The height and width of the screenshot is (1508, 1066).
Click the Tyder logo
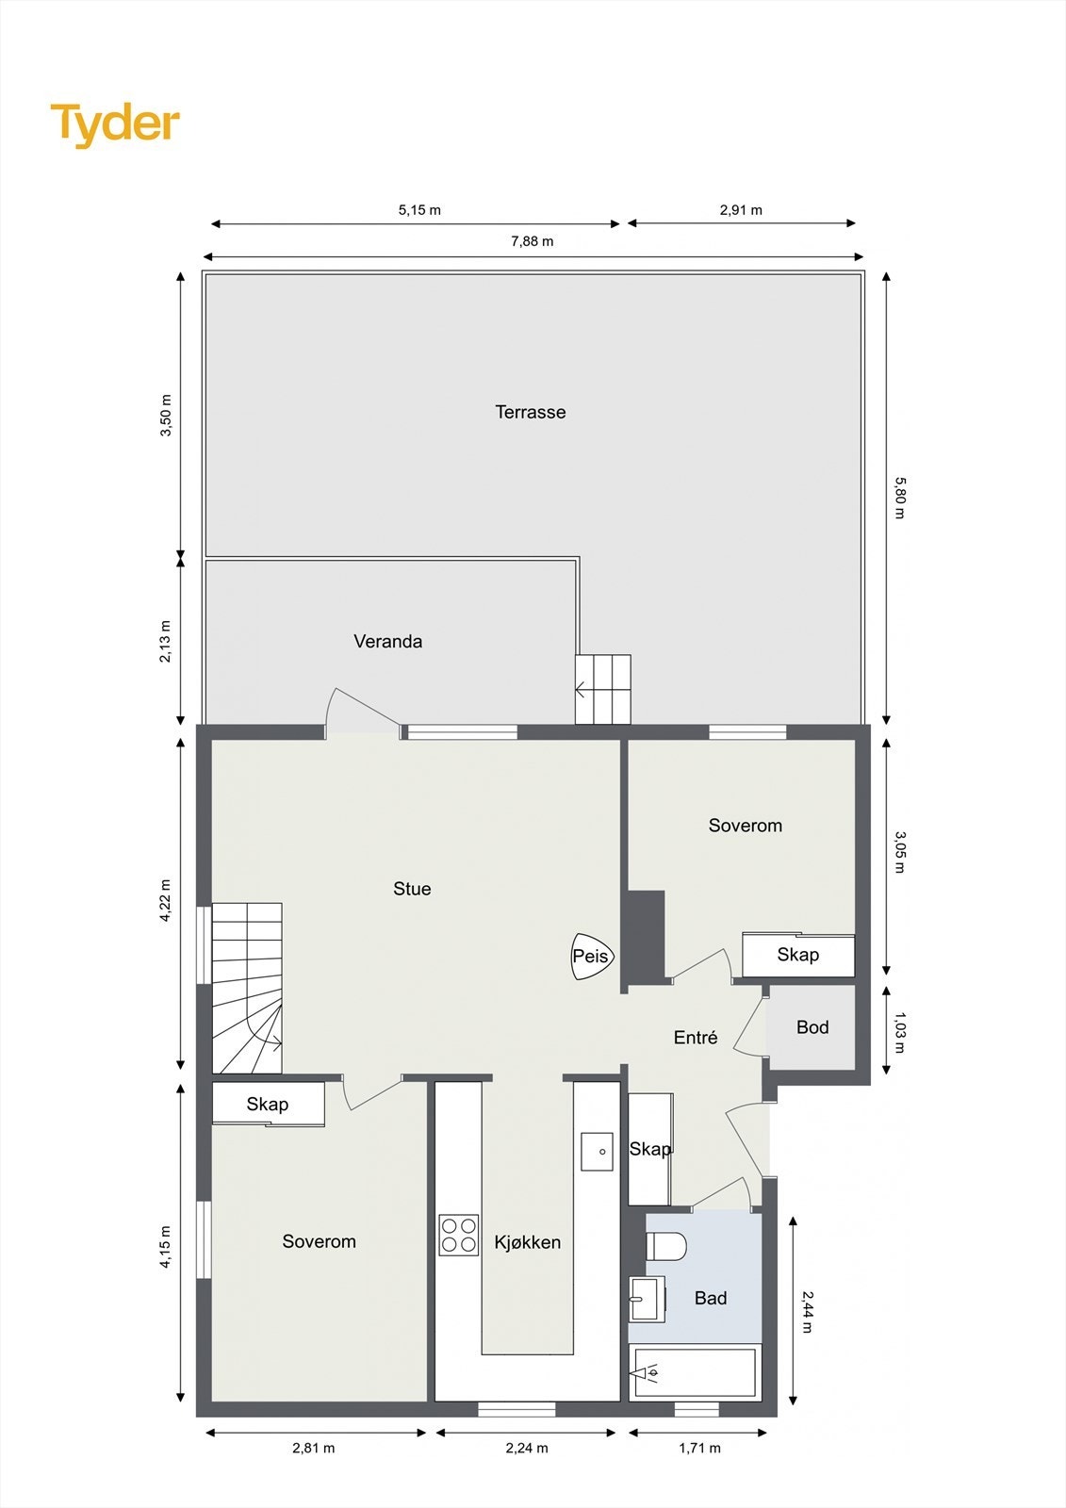point(115,124)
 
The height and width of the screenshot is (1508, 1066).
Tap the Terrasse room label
point(531,412)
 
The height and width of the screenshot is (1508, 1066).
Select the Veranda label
point(387,642)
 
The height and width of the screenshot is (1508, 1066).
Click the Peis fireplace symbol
point(592,956)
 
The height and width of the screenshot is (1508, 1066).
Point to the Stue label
point(412,889)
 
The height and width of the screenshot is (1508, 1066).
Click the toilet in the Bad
point(666,1246)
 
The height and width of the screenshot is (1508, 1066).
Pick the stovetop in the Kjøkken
point(458,1236)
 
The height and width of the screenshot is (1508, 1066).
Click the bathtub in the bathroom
point(695,1373)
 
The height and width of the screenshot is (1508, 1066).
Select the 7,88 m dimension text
point(533,241)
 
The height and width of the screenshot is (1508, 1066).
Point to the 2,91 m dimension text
point(741,210)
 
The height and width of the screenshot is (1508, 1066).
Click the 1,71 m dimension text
point(699,1448)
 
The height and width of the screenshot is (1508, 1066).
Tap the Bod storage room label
point(812,1027)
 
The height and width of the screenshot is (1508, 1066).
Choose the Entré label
point(696,1038)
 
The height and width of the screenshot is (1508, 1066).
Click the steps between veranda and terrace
point(603,690)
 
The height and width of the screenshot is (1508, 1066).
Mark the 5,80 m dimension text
point(898,498)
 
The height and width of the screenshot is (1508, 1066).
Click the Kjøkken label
point(527,1243)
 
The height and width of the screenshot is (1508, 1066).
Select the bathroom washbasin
point(647,1300)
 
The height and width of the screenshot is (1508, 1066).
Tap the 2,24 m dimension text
point(527,1448)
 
